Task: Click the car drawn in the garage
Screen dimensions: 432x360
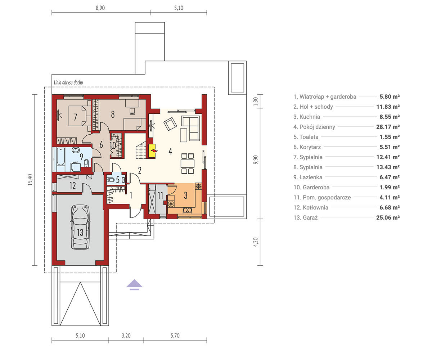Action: click(80, 227)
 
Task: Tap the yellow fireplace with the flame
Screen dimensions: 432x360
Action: click(152, 151)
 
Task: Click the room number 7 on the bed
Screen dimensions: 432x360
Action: click(76, 117)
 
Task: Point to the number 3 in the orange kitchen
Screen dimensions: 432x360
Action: click(186, 195)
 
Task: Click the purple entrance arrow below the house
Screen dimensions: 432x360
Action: click(135, 284)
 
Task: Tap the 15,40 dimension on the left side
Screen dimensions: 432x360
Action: click(30, 180)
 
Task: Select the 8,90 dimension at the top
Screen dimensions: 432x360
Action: click(100, 8)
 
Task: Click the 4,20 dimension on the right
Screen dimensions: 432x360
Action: click(256, 242)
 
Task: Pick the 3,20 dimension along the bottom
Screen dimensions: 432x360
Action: click(126, 336)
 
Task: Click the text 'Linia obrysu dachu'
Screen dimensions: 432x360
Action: click(68, 82)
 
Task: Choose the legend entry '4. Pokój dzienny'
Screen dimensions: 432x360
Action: click(314, 127)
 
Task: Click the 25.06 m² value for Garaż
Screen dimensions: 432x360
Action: click(388, 217)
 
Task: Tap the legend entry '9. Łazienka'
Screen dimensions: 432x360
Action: click(308, 177)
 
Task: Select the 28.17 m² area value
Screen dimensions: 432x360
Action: click(388, 127)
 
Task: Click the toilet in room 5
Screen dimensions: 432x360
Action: click(111, 180)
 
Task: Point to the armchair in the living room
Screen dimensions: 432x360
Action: click(170, 124)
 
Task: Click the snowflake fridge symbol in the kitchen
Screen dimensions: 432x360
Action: click(198, 186)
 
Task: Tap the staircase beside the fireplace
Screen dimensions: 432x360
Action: click(141, 150)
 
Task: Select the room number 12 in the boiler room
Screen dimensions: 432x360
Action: click(73, 186)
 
